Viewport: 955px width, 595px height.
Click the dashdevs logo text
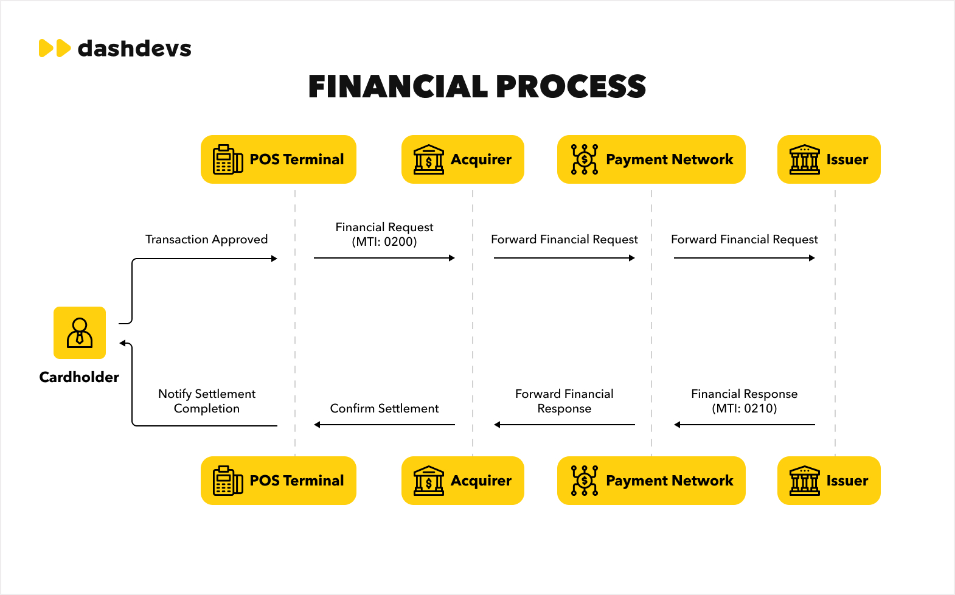(x=134, y=48)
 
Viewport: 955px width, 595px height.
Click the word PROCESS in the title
(x=571, y=86)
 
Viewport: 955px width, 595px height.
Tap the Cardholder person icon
(x=80, y=333)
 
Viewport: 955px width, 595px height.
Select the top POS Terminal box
(x=279, y=159)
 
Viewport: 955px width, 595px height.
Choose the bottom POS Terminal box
(x=279, y=481)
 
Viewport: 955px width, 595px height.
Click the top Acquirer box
(x=462, y=159)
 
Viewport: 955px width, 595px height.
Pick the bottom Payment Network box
(x=651, y=481)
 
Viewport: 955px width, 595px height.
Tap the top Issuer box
(x=829, y=159)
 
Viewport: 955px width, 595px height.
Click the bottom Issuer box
(x=829, y=481)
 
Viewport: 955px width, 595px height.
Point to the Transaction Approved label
(x=206, y=239)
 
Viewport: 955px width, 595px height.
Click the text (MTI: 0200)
(x=384, y=242)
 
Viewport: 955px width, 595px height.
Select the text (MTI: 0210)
(x=745, y=409)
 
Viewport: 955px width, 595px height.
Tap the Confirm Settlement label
(x=384, y=409)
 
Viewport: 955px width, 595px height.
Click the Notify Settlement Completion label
(x=207, y=401)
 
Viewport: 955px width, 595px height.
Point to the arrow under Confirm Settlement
(x=384, y=425)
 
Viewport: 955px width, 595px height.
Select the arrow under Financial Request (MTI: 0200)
(x=384, y=258)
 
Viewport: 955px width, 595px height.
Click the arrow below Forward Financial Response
(x=564, y=425)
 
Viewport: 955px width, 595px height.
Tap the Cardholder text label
(x=79, y=377)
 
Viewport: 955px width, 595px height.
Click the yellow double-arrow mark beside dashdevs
(x=55, y=48)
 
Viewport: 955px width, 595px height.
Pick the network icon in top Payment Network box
(x=585, y=159)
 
